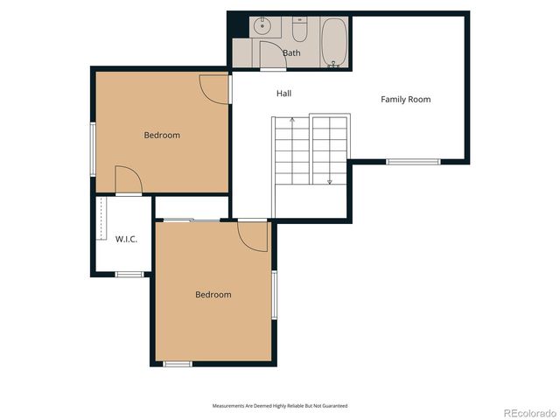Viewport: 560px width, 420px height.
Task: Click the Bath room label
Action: coord(291,53)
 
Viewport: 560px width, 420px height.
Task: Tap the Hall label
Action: coord(284,94)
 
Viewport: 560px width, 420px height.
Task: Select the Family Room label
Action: coord(405,100)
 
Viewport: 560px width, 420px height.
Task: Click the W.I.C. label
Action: coord(126,239)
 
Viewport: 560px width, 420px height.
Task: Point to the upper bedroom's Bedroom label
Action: coord(162,135)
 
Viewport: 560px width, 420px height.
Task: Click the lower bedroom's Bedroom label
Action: coord(213,295)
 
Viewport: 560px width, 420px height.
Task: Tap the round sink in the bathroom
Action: coord(262,27)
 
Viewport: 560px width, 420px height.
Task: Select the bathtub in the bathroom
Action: coord(333,41)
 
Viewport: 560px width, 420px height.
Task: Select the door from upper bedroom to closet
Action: coord(128,180)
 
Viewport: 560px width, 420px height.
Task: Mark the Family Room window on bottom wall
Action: coord(413,161)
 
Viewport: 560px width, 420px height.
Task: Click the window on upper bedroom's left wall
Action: coord(93,149)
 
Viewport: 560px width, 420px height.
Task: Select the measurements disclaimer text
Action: coord(280,406)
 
